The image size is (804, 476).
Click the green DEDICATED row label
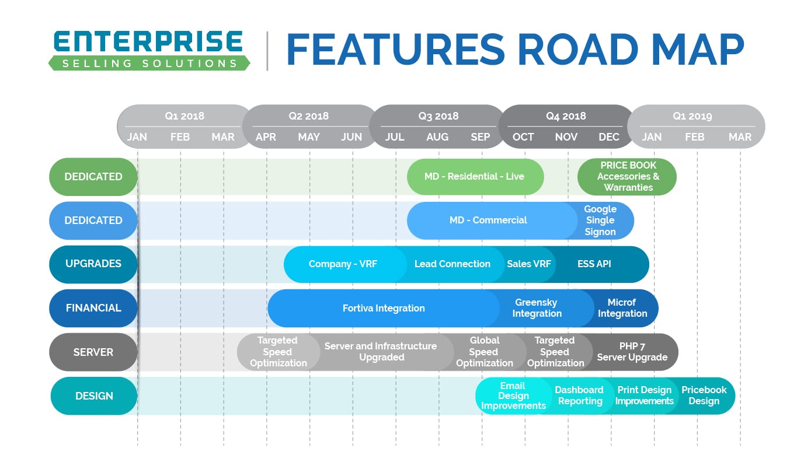(93, 177)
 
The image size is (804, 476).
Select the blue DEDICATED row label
(93, 220)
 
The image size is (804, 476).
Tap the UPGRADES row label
(93, 264)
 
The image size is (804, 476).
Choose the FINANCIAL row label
(93, 308)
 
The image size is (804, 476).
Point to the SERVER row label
(93, 352)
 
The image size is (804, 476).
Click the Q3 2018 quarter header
(438, 116)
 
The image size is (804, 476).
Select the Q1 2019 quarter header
(692, 116)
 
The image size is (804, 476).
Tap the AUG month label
(437, 137)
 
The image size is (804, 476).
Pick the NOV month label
(566, 137)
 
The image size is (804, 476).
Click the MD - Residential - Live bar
(475, 177)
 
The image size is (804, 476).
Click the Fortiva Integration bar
(384, 308)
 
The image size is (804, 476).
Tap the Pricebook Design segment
(704, 395)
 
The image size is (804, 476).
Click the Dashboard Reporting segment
(579, 395)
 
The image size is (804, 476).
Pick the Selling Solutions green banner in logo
(149, 63)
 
